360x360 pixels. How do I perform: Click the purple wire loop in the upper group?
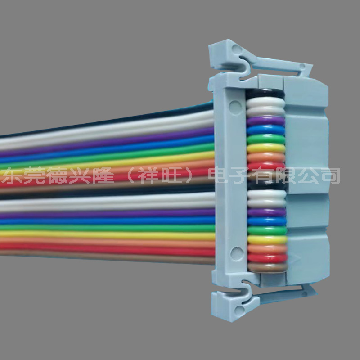click(x=265, y=121)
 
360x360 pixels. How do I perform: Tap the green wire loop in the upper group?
click(x=266, y=139)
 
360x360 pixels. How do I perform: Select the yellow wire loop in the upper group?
click(x=266, y=148)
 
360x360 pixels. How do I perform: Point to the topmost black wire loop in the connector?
click(x=265, y=93)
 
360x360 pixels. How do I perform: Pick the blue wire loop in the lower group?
click(x=267, y=221)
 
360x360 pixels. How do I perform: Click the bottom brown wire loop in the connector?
click(x=268, y=267)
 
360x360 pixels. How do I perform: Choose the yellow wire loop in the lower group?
click(x=267, y=240)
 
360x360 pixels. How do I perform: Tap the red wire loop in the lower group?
click(x=267, y=258)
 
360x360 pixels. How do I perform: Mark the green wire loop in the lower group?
click(x=267, y=230)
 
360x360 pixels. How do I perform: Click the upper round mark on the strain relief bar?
click(x=235, y=108)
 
